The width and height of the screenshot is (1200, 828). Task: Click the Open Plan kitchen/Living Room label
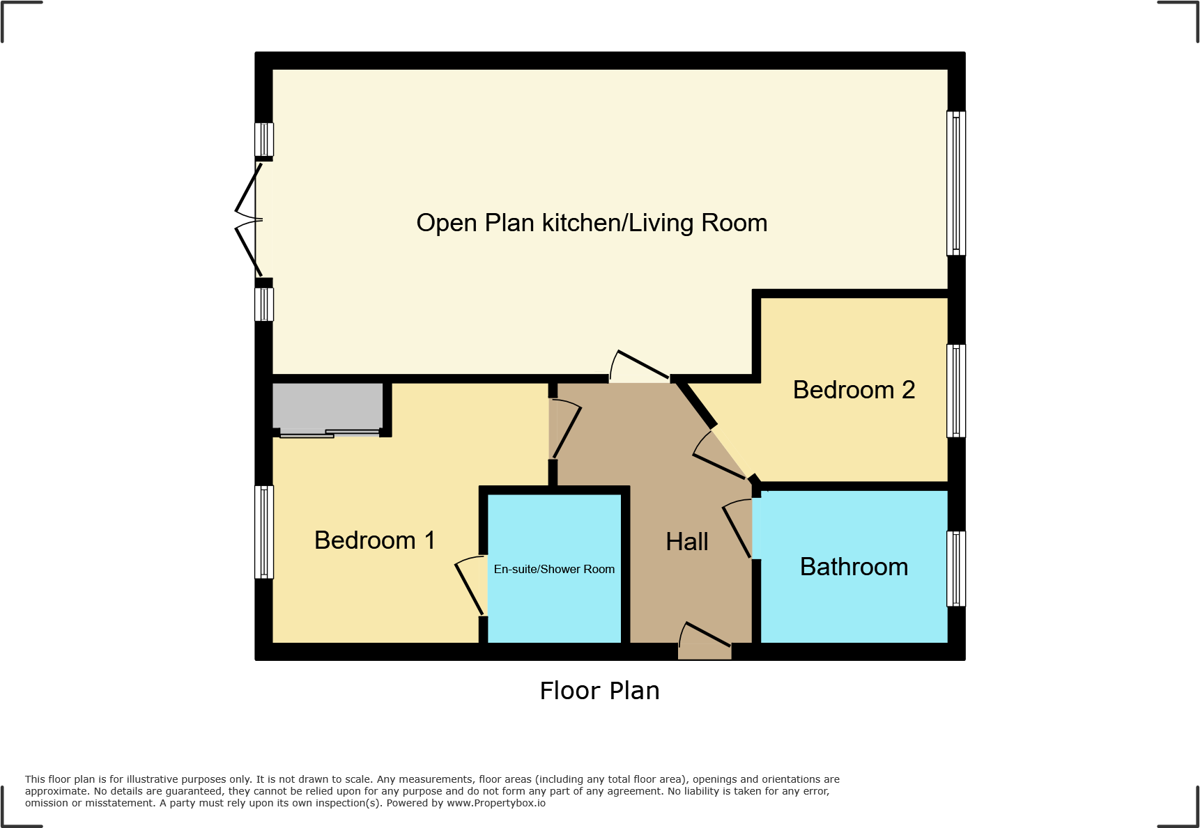coord(592,223)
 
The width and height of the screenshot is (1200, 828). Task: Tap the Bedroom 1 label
coord(375,540)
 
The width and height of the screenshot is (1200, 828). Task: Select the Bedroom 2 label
coord(854,390)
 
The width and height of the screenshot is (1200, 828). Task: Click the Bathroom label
coord(854,567)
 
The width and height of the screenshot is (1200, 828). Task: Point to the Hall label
coord(686,542)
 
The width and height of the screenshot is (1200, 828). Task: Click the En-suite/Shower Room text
coord(554,570)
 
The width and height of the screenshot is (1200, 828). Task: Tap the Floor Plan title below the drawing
coord(599,691)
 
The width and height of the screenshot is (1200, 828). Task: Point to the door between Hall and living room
coord(640,367)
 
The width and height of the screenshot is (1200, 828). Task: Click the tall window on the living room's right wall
coord(956,183)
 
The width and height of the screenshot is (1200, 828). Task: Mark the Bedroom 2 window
coord(956,391)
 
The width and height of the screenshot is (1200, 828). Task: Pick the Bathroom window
coord(956,568)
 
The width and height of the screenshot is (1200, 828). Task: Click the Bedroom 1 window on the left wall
coord(264,532)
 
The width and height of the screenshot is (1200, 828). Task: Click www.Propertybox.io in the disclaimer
coord(495,803)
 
